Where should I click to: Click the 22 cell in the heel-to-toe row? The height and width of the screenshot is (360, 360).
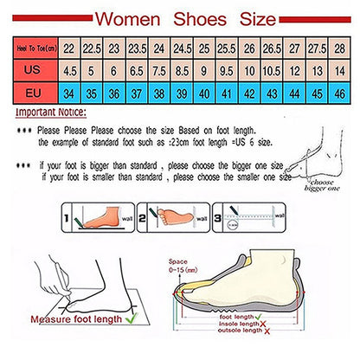pyautogui.click(x=67, y=50)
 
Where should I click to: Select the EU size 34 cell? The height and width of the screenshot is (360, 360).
pyautogui.click(x=67, y=91)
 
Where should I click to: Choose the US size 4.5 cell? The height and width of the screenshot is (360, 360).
pyautogui.click(x=67, y=71)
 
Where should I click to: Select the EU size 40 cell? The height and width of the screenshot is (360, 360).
pyautogui.click(x=202, y=91)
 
